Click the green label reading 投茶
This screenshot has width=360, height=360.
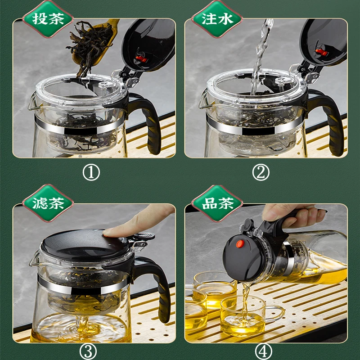(x=48, y=19)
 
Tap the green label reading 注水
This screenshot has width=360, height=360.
(x=217, y=19)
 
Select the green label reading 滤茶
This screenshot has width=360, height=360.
(x=48, y=203)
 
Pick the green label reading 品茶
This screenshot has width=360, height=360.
(x=217, y=203)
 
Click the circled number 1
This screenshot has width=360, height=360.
(x=91, y=172)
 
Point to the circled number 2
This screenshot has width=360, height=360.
(x=261, y=172)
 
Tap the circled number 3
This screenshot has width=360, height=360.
(x=88, y=352)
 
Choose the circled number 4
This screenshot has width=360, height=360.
(x=264, y=352)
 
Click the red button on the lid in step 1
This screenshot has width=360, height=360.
(x=140, y=59)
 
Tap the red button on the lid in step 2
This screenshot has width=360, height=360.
(x=321, y=52)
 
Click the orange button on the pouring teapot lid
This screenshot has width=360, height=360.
(x=240, y=244)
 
